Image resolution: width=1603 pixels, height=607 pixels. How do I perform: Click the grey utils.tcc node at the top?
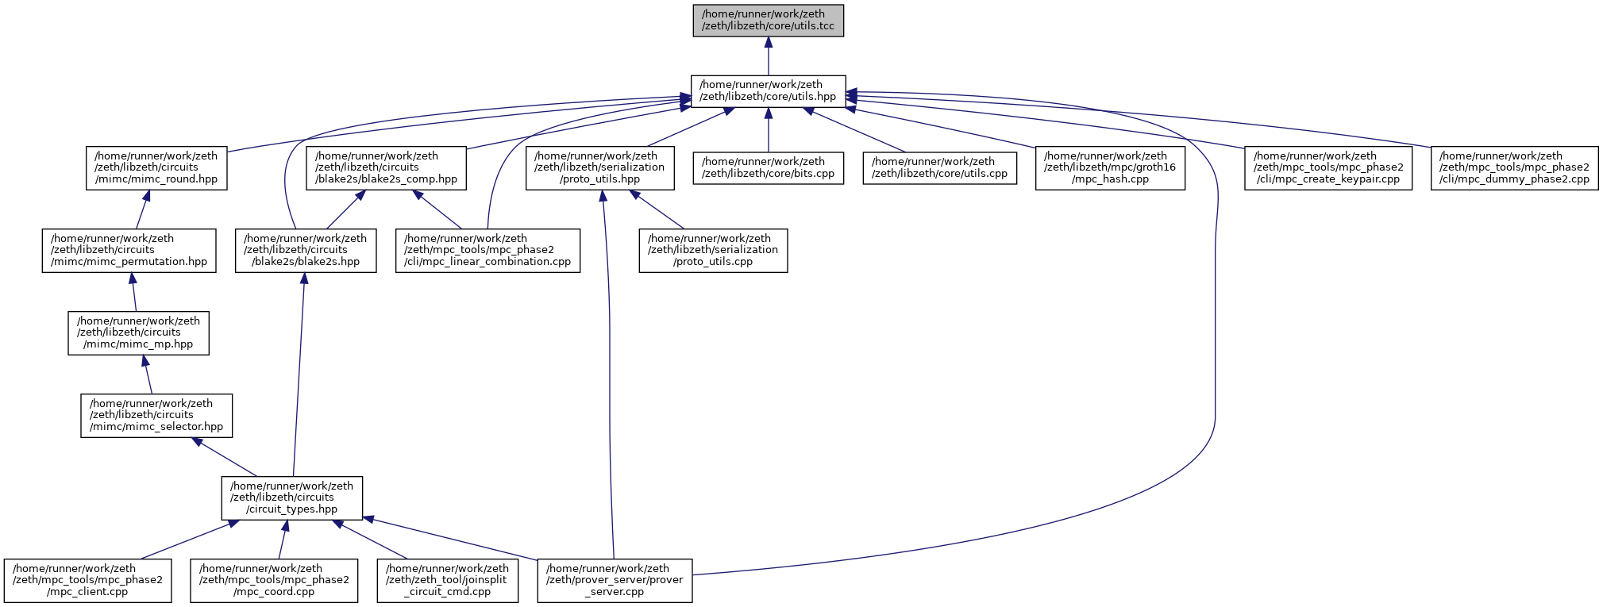point(768,20)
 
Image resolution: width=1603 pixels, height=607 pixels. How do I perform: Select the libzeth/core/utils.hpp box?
point(768,90)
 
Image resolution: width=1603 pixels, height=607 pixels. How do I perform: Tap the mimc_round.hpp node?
point(156,167)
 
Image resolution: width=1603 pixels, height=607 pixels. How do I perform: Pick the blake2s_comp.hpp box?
point(387,167)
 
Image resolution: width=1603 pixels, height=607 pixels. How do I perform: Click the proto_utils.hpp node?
point(599,167)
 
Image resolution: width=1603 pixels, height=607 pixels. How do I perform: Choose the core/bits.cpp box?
point(768,167)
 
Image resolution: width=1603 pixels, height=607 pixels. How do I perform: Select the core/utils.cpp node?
point(940,167)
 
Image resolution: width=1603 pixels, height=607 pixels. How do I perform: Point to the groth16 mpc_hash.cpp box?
point(1110,167)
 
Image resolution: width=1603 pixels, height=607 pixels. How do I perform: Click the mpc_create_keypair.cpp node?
point(1328,167)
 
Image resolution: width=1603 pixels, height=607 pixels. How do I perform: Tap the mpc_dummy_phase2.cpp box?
point(1514,167)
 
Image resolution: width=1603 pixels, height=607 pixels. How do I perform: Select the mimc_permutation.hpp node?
point(129,250)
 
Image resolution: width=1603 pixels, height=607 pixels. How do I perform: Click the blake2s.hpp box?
point(306,250)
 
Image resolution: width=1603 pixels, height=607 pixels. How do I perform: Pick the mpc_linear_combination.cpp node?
point(487,250)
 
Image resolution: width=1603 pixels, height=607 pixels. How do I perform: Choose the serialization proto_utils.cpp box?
point(713,250)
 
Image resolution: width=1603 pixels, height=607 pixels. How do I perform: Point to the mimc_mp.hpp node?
point(139,332)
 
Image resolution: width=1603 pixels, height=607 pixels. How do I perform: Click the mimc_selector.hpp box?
point(156,415)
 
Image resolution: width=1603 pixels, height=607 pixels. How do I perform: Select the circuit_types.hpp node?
point(291,498)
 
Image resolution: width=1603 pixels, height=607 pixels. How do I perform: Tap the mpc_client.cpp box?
point(87,580)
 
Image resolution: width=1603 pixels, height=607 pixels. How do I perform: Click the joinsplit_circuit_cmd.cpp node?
point(447,580)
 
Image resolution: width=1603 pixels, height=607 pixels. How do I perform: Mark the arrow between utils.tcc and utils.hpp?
point(768,56)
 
